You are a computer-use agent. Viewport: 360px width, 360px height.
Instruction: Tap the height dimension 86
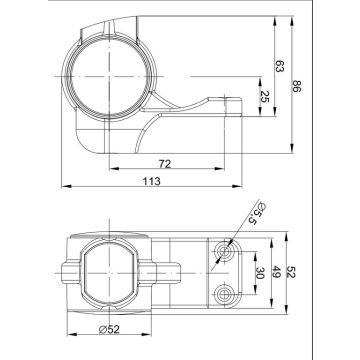[296, 87]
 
